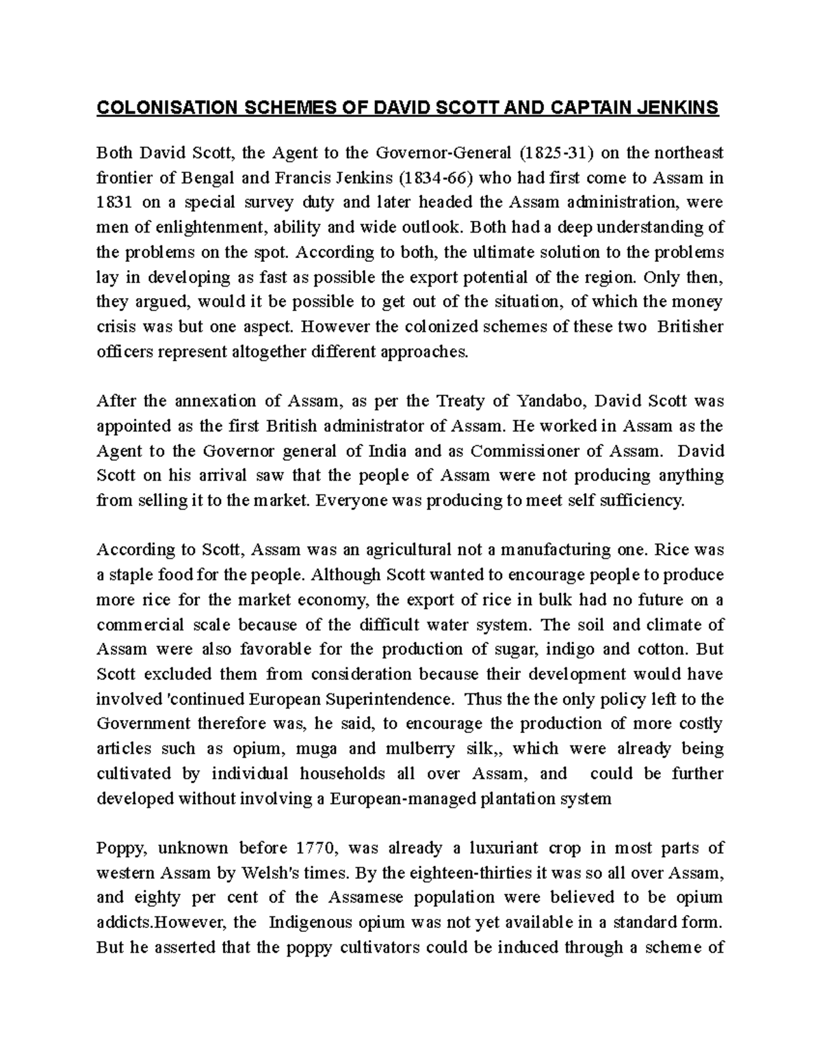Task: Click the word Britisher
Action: (x=690, y=326)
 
